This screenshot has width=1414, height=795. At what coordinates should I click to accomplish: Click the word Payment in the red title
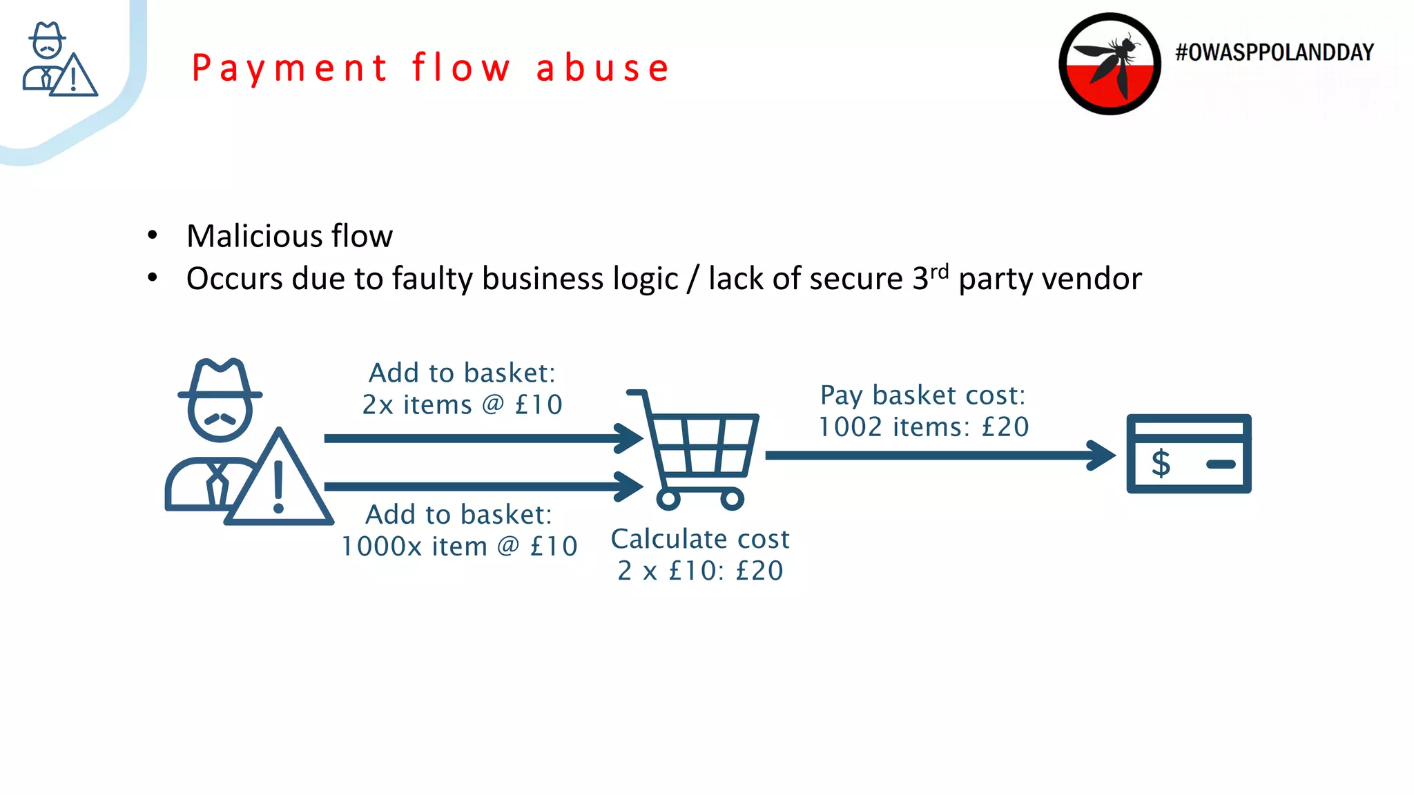[x=289, y=69]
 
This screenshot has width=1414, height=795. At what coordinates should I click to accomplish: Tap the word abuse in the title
[x=603, y=68]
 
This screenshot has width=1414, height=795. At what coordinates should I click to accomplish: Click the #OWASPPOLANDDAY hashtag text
[x=1274, y=52]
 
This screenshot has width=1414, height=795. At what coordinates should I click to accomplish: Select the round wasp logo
[x=1110, y=63]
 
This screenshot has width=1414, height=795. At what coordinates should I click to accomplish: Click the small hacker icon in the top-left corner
[x=58, y=60]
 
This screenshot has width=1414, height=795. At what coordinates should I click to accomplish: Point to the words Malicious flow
[x=289, y=236]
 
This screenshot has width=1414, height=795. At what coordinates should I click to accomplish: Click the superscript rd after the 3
[x=939, y=271]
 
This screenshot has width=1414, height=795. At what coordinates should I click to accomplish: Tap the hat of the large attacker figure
[x=220, y=380]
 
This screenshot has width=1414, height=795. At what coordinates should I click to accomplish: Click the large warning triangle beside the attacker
[x=279, y=483]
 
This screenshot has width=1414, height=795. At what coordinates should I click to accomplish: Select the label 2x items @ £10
[x=462, y=404]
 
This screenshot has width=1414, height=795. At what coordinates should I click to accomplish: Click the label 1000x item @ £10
[x=459, y=547]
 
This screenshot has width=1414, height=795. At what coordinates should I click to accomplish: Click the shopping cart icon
[x=697, y=449]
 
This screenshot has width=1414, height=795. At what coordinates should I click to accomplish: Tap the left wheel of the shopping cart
[x=668, y=498]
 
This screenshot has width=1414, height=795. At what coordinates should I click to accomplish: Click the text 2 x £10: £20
[x=700, y=571]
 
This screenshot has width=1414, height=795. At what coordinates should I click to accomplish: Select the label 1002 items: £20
[x=923, y=427]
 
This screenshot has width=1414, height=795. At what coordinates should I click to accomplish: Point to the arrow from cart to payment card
[x=939, y=455]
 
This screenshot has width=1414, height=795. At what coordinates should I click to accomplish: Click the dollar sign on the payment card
[x=1161, y=462]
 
